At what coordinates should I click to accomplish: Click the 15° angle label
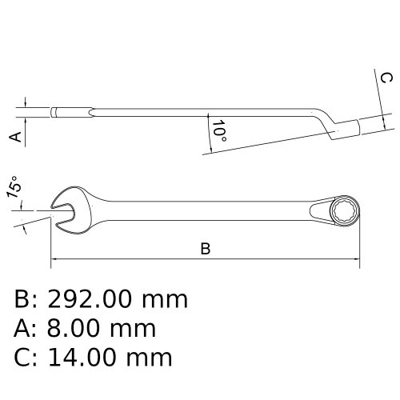[x=14, y=190]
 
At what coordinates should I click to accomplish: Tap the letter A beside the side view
[x=14, y=137]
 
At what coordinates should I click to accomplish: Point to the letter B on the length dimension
[x=205, y=249]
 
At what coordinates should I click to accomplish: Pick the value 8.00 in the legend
[x=77, y=327]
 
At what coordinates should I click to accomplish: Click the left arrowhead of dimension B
[x=54, y=259]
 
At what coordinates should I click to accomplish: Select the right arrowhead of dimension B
[x=358, y=259]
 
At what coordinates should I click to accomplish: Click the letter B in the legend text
[x=23, y=300]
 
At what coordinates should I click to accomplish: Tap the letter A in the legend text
[x=23, y=327]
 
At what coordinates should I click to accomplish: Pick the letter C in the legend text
[x=23, y=354]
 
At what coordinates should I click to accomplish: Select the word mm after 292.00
[x=165, y=300]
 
